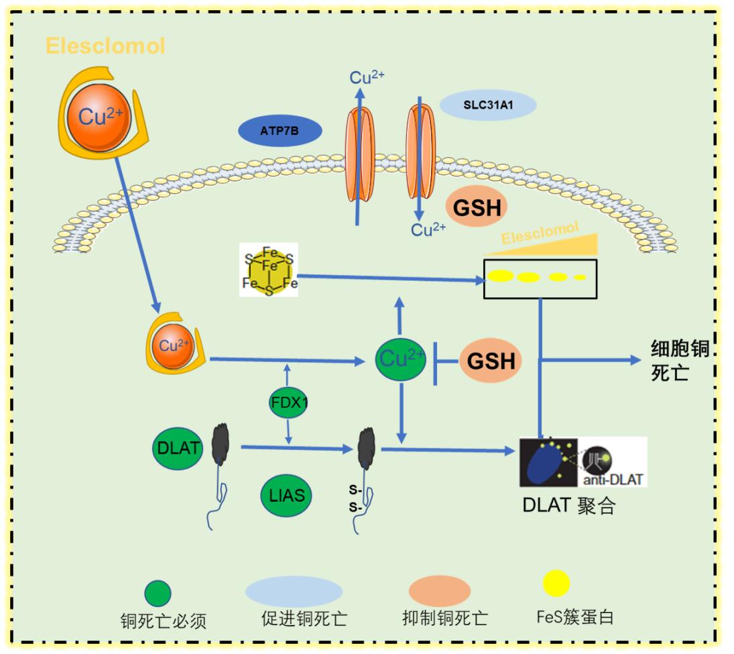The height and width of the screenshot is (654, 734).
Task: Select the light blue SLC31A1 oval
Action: click(x=488, y=105)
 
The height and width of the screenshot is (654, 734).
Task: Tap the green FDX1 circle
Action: click(x=288, y=402)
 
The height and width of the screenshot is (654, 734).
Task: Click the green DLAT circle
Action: click(x=178, y=447)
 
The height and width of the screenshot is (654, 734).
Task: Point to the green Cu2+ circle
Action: click(x=401, y=360)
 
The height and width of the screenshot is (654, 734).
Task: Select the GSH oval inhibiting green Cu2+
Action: click(x=491, y=361)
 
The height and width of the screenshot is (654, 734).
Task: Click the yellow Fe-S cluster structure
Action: click(x=270, y=270)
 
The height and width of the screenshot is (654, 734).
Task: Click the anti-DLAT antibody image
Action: click(x=611, y=462)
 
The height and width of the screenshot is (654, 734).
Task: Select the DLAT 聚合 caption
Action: click(x=568, y=505)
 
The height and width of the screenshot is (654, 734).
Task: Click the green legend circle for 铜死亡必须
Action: click(x=158, y=593)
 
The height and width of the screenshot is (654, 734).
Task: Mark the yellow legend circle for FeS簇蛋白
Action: click(x=556, y=584)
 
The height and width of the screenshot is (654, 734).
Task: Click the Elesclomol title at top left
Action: click(x=105, y=46)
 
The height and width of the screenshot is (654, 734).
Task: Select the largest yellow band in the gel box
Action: click(x=500, y=275)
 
